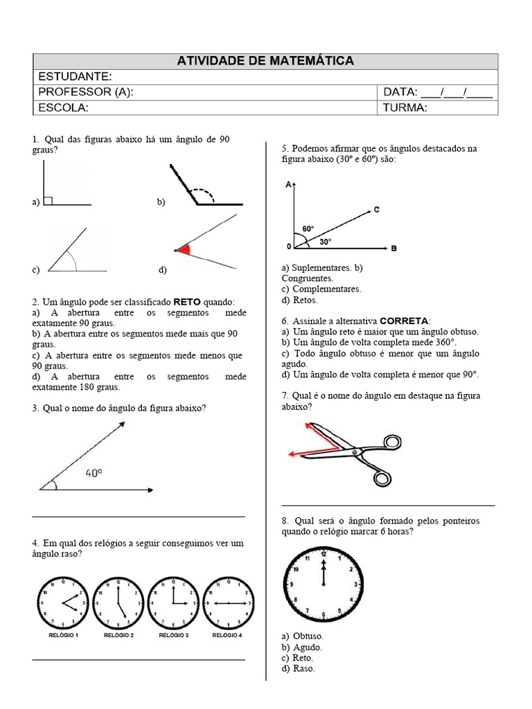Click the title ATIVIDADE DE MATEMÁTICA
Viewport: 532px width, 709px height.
[265, 61]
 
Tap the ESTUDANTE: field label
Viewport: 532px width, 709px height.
[75, 76]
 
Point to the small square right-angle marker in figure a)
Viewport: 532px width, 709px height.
[48, 201]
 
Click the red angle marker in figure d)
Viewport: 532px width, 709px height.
[184, 249]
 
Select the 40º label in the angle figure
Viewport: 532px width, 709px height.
[94, 474]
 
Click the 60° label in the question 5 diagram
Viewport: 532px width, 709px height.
[308, 228]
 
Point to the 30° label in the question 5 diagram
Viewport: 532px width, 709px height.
[325, 242]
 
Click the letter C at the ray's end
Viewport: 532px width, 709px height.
[376, 209]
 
